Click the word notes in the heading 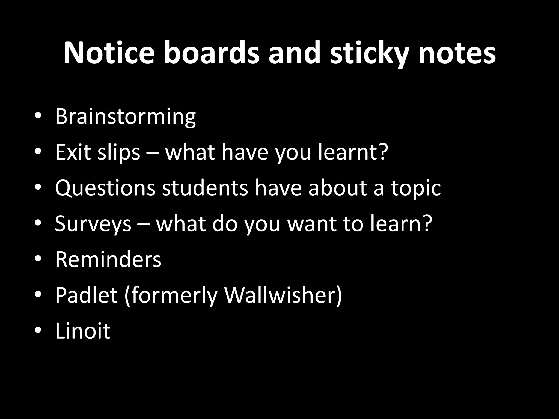tap(457, 53)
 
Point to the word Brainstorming tap(125, 117)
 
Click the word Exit tap(72, 152)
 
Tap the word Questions tap(105, 188)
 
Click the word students tap(205, 188)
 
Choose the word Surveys tap(93, 224)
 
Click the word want tap(311, 224)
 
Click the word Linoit tap(83, 331)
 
